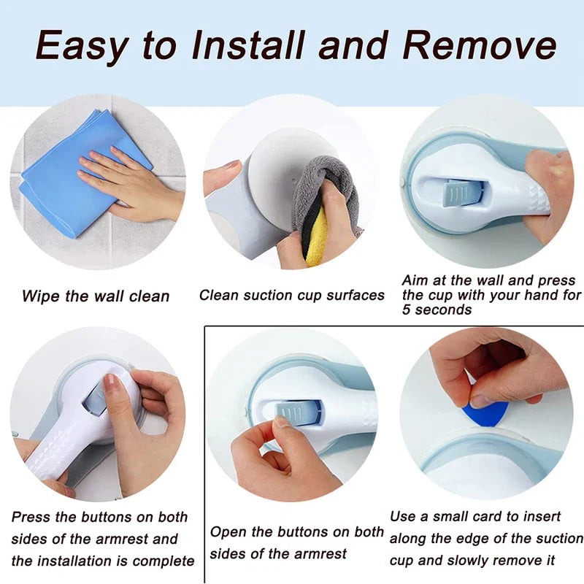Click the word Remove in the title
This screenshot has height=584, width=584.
click(x=480, y=45)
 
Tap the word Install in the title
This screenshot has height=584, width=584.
click(x=248, y=45)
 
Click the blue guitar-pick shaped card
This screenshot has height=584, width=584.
click(x=485, y=414)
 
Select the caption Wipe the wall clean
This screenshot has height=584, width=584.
click(x=96, y=296)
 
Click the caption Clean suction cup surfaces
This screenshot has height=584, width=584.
click(x=291, y=296)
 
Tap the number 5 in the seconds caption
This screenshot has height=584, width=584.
click(x=407, y=310)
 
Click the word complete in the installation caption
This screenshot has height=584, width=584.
click(x=164, y=561)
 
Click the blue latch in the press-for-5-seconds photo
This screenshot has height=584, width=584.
click(x=461, y=193)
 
